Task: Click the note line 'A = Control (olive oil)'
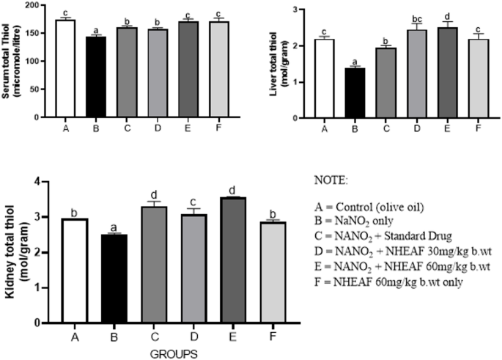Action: (x=370, y=206)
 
